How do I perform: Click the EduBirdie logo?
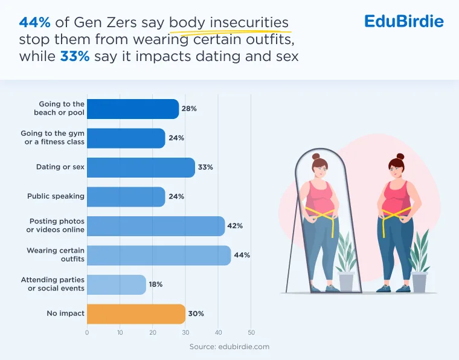[404, 21]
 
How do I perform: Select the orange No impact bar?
[136, 313]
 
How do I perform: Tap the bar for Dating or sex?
[141, 167]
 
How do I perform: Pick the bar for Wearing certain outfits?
[159, 256]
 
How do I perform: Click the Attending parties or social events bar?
[117, 284]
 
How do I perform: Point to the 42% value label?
[235, 226]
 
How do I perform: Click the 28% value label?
[189, 109]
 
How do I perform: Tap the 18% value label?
[156, 284]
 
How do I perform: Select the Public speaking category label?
[56, 196]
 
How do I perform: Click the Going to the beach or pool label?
[59, 108]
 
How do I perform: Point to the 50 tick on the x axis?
[251, 332]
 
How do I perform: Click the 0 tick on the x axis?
[87, 332]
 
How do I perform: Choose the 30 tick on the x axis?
[185, 332]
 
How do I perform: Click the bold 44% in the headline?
[35, 22]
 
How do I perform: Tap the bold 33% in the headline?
[75, 56]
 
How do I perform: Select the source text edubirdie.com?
[244, 347]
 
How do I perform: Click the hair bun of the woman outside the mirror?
[400, 156]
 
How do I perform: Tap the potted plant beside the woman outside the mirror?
[419, 260]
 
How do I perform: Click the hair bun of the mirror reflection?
[316, 156]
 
